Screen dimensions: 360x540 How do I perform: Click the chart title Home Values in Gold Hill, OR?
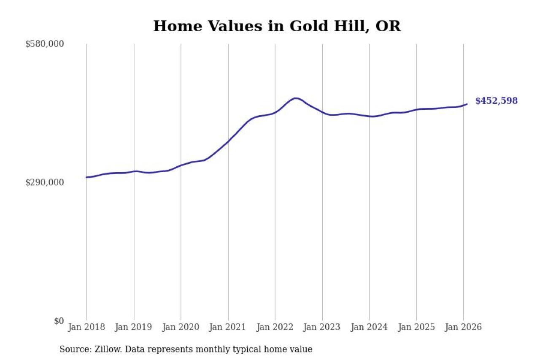coord(276,26)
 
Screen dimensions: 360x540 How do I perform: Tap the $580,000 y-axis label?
coord(44,44)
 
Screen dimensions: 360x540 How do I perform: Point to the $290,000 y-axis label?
coord(44,182)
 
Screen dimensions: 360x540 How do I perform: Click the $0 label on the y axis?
coord(59,321)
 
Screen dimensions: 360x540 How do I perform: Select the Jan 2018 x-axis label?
coord(86,327)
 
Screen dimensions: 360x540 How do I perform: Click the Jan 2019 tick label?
coord(134,327)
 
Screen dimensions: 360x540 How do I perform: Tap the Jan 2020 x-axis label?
coord(181,327)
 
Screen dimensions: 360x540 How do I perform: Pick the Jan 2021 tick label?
coord(228,327)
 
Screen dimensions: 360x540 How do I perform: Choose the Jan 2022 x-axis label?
coord(275,327)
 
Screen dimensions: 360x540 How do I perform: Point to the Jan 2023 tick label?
coord(322,327)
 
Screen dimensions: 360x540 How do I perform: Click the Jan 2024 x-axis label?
coord(370,327)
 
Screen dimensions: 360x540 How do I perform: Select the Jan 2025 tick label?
coord(417,327)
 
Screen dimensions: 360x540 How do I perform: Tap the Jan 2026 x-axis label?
coord(464,327)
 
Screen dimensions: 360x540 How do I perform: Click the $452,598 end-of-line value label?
coord(496,101)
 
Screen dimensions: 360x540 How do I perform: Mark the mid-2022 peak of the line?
coord(296,98)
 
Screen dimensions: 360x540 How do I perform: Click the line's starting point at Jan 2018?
coord(86,177)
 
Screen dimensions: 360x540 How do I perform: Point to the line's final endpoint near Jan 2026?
coord(467,104)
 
